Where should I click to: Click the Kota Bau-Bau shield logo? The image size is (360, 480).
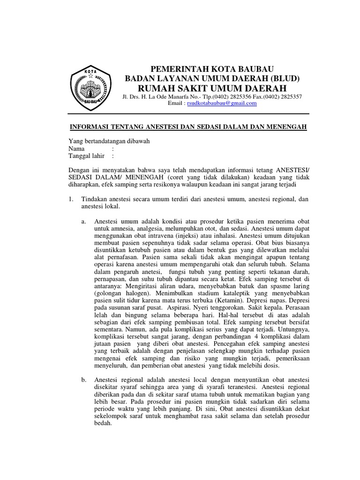click(90, 88)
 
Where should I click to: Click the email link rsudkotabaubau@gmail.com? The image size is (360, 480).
click(222, 103)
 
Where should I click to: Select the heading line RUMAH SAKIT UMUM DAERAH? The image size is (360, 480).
click(211, 88)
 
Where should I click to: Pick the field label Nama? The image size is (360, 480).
click(77, 149)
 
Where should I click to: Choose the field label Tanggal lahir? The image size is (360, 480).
click(87, 156)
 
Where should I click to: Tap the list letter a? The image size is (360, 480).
click(83, 221)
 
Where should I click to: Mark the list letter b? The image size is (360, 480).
click(83, 379)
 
